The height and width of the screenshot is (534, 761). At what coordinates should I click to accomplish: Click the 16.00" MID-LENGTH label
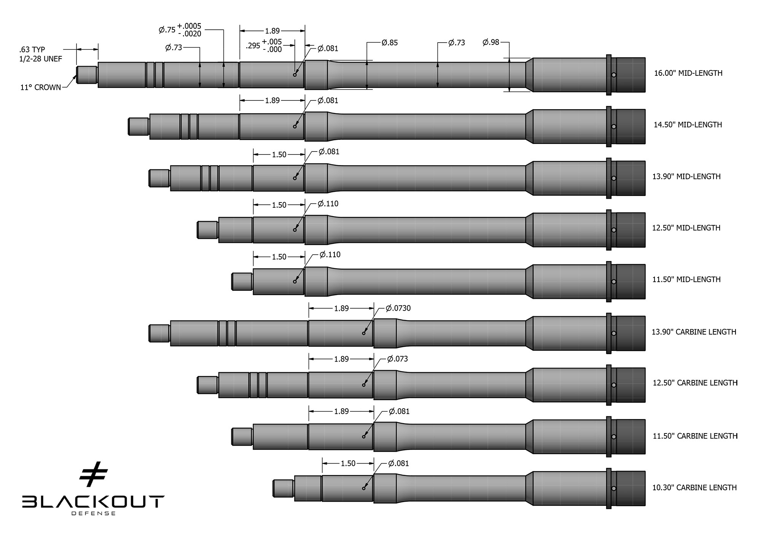click(x=688, y=73)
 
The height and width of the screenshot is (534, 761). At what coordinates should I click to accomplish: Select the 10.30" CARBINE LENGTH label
click(x=694, y=488)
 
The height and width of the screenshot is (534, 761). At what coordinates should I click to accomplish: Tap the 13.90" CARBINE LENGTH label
click(x=694, y=332)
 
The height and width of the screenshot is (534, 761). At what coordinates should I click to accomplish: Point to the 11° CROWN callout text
click(x=40, y=88)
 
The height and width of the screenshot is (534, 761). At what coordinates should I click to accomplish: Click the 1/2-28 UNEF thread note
click(x=40, y=59)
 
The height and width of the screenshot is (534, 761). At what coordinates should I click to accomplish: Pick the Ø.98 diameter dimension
click(x=491, y=42)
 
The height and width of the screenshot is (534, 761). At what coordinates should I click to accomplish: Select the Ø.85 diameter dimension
click(x=390, y=43)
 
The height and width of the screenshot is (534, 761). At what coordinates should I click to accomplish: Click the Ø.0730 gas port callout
click(x=398, y=308)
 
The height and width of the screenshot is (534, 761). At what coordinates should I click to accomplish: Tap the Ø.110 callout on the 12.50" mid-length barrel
click(x=328, y=204)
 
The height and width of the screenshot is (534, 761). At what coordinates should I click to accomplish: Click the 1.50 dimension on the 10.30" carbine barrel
click(x=348, y=463)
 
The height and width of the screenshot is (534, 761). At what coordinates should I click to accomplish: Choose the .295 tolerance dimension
click(x=264, y=46)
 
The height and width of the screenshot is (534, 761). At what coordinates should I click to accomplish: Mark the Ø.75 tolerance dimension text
click(x=180, y=30)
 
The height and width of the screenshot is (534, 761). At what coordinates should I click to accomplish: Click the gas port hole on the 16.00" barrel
click(x=295, y=75)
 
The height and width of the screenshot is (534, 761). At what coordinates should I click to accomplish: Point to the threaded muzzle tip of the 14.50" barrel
click(x=139, y=126)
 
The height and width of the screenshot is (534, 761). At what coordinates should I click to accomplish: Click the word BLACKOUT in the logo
click(x=93, y=502)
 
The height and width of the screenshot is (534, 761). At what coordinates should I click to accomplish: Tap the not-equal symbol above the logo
click(x=94, y=474)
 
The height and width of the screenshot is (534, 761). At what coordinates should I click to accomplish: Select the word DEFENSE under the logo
click(x=93, y=513)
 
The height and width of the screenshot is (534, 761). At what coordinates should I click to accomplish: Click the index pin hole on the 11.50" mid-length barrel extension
click(x=614, y=282)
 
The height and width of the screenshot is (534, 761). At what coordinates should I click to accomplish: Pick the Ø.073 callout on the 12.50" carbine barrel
click(x=397, y=359)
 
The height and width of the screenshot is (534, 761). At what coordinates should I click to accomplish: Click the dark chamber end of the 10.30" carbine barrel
click(x=630, y=488)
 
